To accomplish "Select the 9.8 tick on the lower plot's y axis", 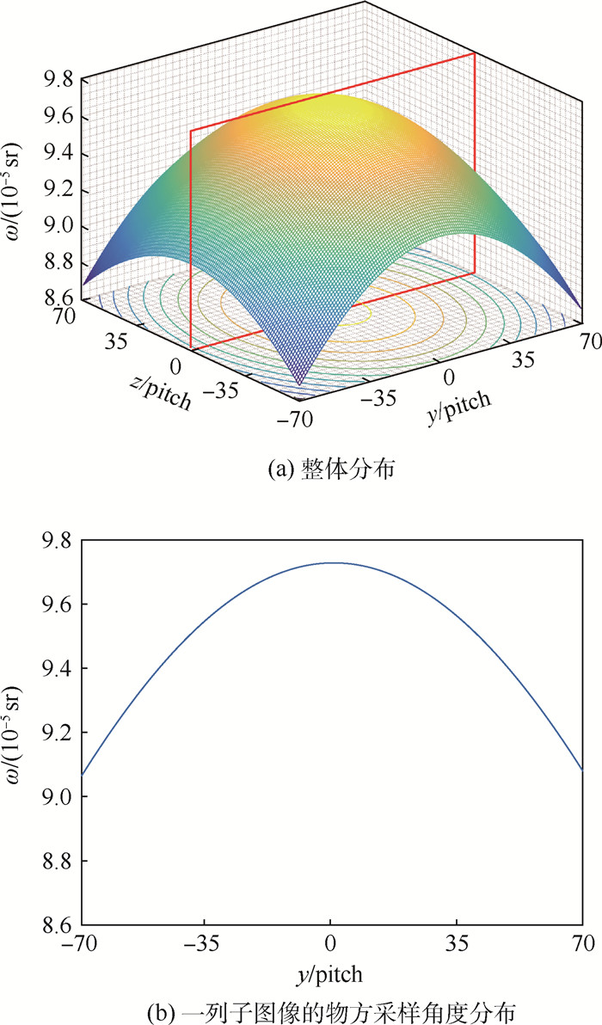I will pyautogui.click(x=64, y=541).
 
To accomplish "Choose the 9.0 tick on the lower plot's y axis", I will pyautogui.click(x=64, y=797).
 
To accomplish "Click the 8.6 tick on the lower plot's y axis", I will pyautogui.click(x=64, y=925).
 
